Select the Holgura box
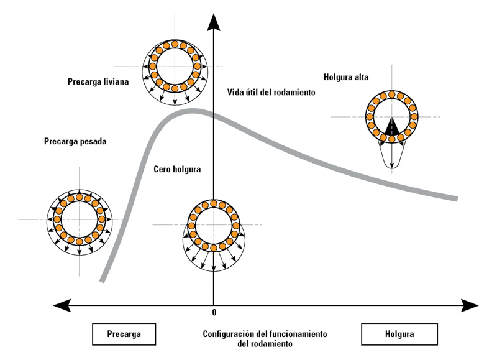(394, 333)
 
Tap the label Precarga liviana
(98, 81)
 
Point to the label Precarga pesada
(75, 141)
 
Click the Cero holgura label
(177, 169)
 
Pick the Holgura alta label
(346, 78)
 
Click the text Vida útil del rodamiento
(271, 92)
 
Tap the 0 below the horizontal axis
(214, 312)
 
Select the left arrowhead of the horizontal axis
(61, 305)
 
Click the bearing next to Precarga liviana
(175, 65)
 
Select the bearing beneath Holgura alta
(391, 115)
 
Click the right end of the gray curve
(457, 199)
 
